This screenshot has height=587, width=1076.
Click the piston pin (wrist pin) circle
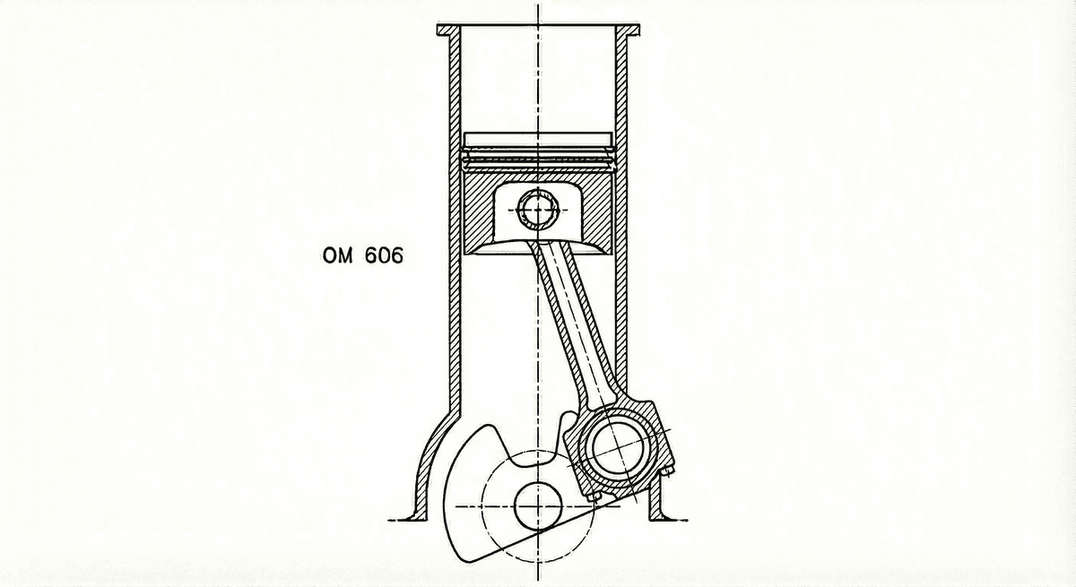pyautogui.click(x=538, y=209)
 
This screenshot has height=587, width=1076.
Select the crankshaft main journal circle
pyautogui.click(x=538, y=506)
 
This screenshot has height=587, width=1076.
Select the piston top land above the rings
pyautogui.click(x=538, y=140)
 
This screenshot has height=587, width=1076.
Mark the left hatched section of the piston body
pyautogui.click(x=480, y=211)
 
